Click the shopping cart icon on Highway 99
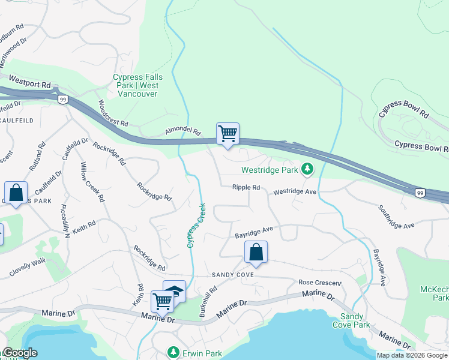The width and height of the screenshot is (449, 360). pyautogui.click(x=228, y=134)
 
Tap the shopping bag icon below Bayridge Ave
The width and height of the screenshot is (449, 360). pyautogui.click(x=256, y=253)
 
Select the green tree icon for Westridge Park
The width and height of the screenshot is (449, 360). pyautogui.click(x=307, y=170)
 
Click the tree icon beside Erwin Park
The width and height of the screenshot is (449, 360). pyautogui.click(x=173, y=351)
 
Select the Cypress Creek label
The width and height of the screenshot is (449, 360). pyautogui.click(x=196, y=226)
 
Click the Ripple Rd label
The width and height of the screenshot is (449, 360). pyautogui.click(x=246, y=188)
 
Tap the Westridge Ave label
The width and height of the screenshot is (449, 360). pyautogui.click(x=295, y=192)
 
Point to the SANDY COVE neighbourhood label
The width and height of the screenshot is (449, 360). pyautogui.click(x=233, y=275)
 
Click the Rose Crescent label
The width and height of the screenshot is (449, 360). pyautogui.click(x=320, y=283)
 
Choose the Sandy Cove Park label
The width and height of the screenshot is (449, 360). pyautogui.click(x=355, y=320)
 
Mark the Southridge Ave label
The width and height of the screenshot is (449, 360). pyautogui.click(x=396, y=217)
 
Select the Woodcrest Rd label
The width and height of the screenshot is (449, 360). pyautogui.click(x=113, y=113)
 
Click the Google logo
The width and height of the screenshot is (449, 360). pyautogui.click(x=19, y=353)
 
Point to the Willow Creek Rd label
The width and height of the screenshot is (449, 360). pyautogui.click(x=93, y=181)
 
